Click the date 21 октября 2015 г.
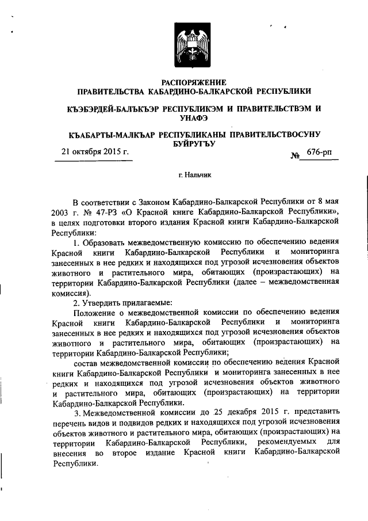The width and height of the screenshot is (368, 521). [95, 153]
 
